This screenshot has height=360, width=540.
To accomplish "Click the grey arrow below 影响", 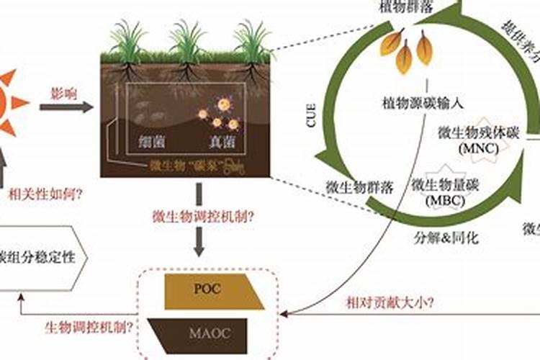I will coord(66,107).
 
